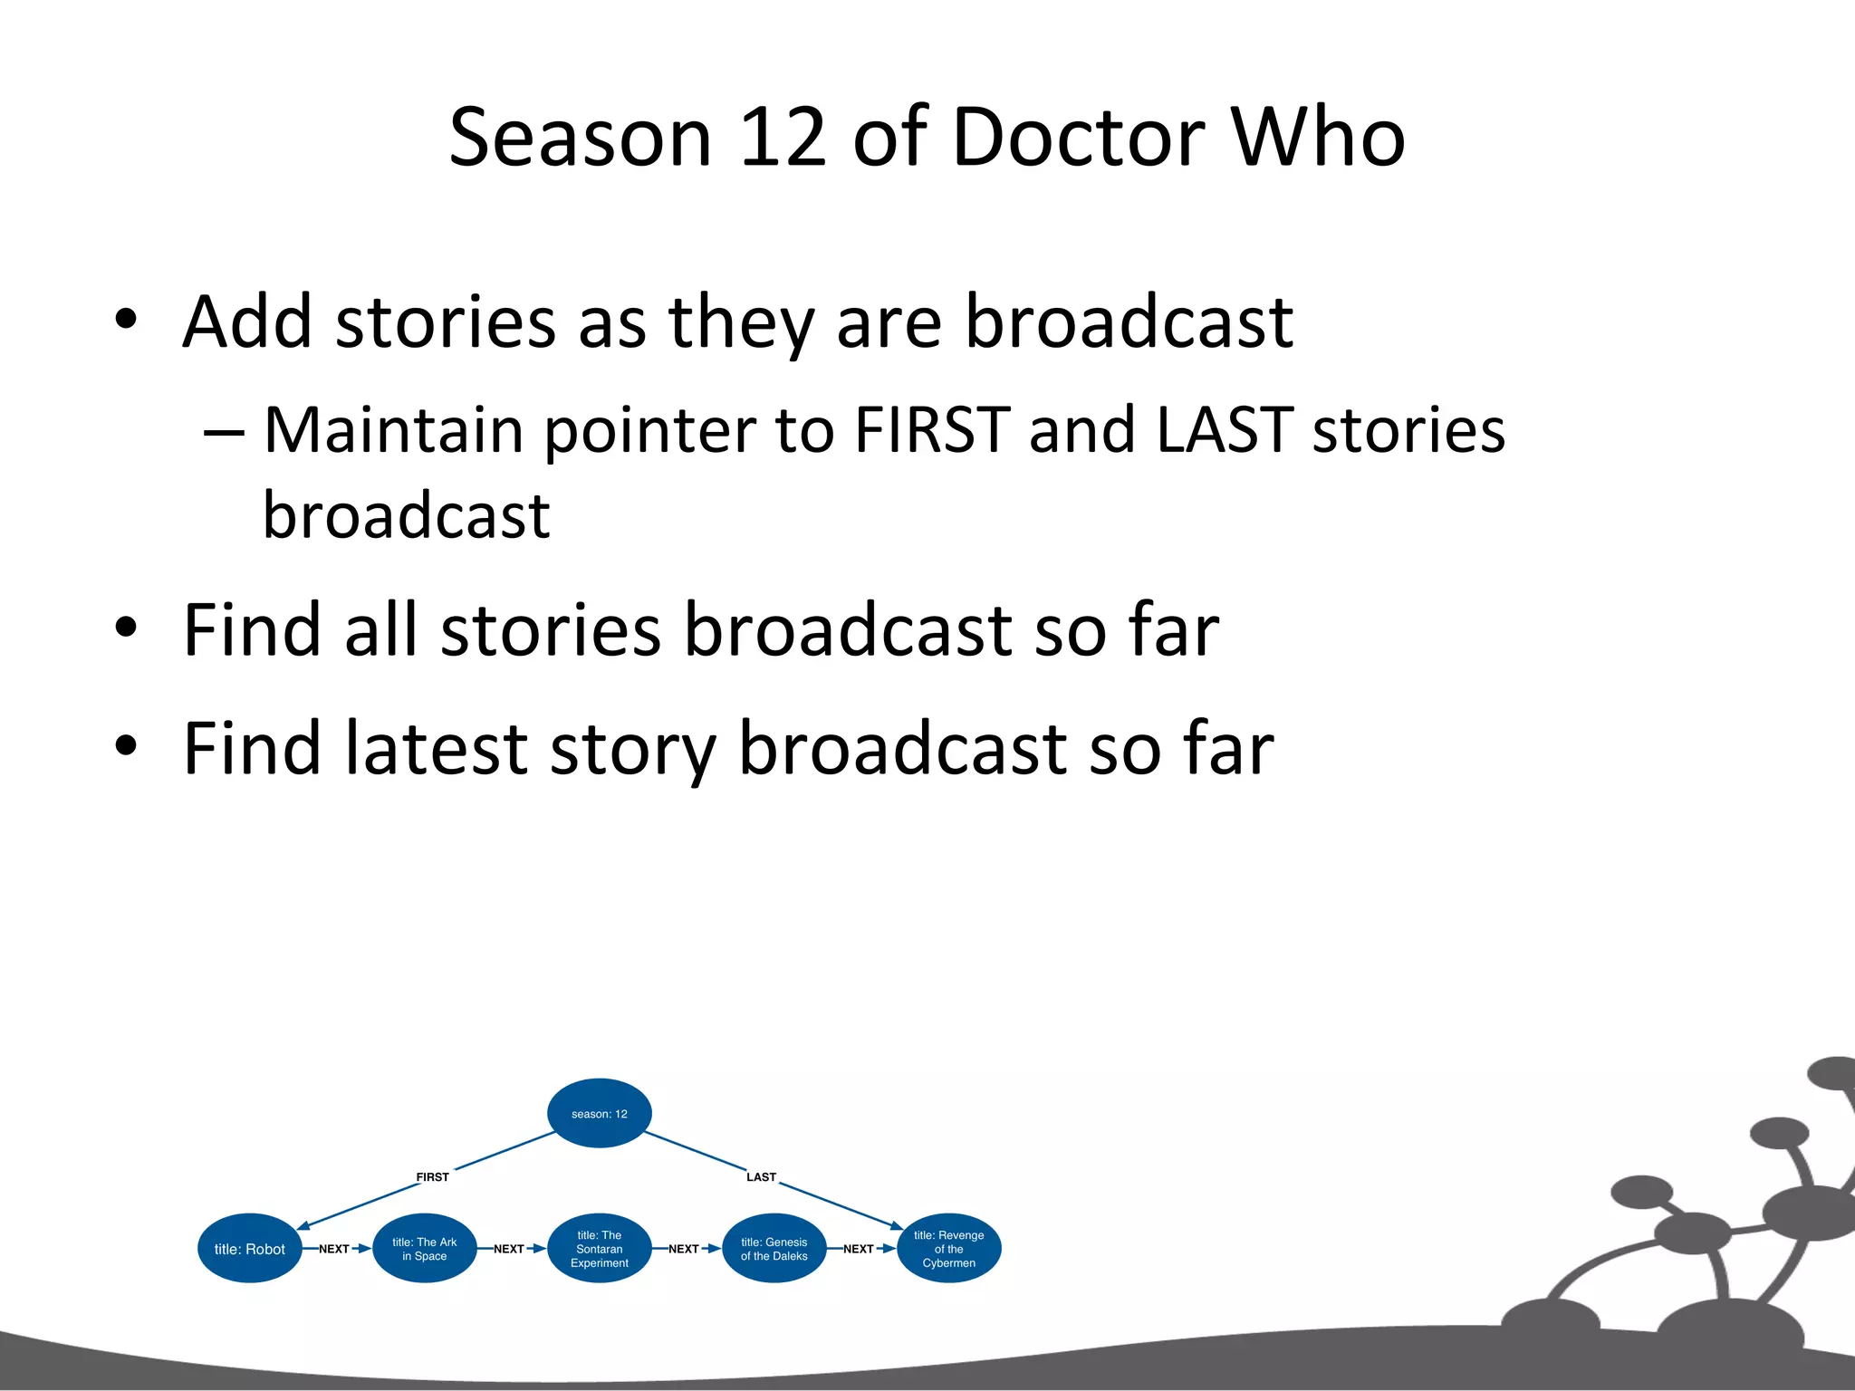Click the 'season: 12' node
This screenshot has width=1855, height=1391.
pos(599,1113)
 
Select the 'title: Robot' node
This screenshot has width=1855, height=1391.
pos(249,1249)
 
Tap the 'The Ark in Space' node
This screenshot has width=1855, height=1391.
pos(424,1249)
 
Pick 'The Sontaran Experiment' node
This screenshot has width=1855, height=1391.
pos(599,1249)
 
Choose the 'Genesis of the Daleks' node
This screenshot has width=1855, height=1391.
pos(774,1249)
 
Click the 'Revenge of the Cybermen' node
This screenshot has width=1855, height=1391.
pos(948,1249)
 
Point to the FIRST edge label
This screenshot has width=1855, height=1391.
pos(432,1177)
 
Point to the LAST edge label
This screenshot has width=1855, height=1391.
pos(761,1177)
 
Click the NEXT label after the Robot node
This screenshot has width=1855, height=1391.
pos(333,1249)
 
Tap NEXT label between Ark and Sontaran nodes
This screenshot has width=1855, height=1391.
pos(508,1249)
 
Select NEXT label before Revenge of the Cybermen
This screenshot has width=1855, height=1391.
pos(858,1249)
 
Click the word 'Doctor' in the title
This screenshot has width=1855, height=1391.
pos(1078,138)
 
